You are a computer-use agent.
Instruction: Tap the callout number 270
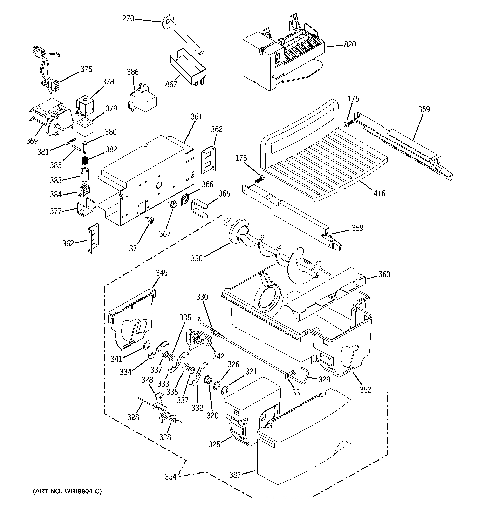click(x=128, y=19)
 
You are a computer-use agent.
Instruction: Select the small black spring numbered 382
click(x=85, y=161)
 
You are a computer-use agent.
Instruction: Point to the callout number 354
click(x=171, y=477)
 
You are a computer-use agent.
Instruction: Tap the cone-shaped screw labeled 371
click(x=150, y=220)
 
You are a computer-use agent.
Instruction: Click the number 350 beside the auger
click(x=197, y=258)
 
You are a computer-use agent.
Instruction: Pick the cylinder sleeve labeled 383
click(x=84, y=175)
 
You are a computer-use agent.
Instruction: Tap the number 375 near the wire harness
click(x=87, y=69)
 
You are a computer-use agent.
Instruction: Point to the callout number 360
click(x=384, y=274)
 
